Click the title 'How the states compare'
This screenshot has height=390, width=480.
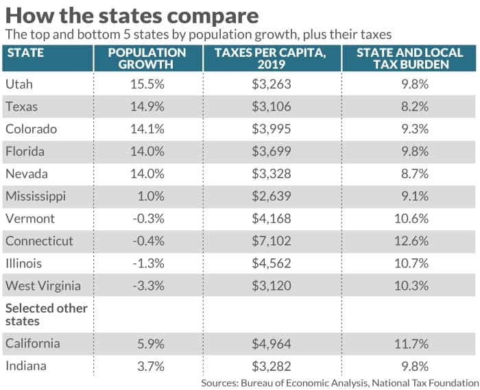[132, 15]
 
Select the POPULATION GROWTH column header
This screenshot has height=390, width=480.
[147, 58]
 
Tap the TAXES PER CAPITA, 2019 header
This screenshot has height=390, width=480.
[272, 58]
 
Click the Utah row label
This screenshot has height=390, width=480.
[19, 84]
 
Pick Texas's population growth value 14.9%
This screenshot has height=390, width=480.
[147, 106]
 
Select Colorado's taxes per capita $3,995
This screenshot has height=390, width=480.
[272, 129]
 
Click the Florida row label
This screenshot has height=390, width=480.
[24, 151]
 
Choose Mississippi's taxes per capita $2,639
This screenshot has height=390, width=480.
[272, 196]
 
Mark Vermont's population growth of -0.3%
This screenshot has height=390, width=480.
[147, 219]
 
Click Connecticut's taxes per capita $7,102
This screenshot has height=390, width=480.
[272, 241]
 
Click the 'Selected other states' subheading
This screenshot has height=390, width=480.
[45, 315]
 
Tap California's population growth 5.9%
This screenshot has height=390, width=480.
[147, 343]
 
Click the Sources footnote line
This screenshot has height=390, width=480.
[340, 382]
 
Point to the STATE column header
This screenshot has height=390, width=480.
[25, 53]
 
